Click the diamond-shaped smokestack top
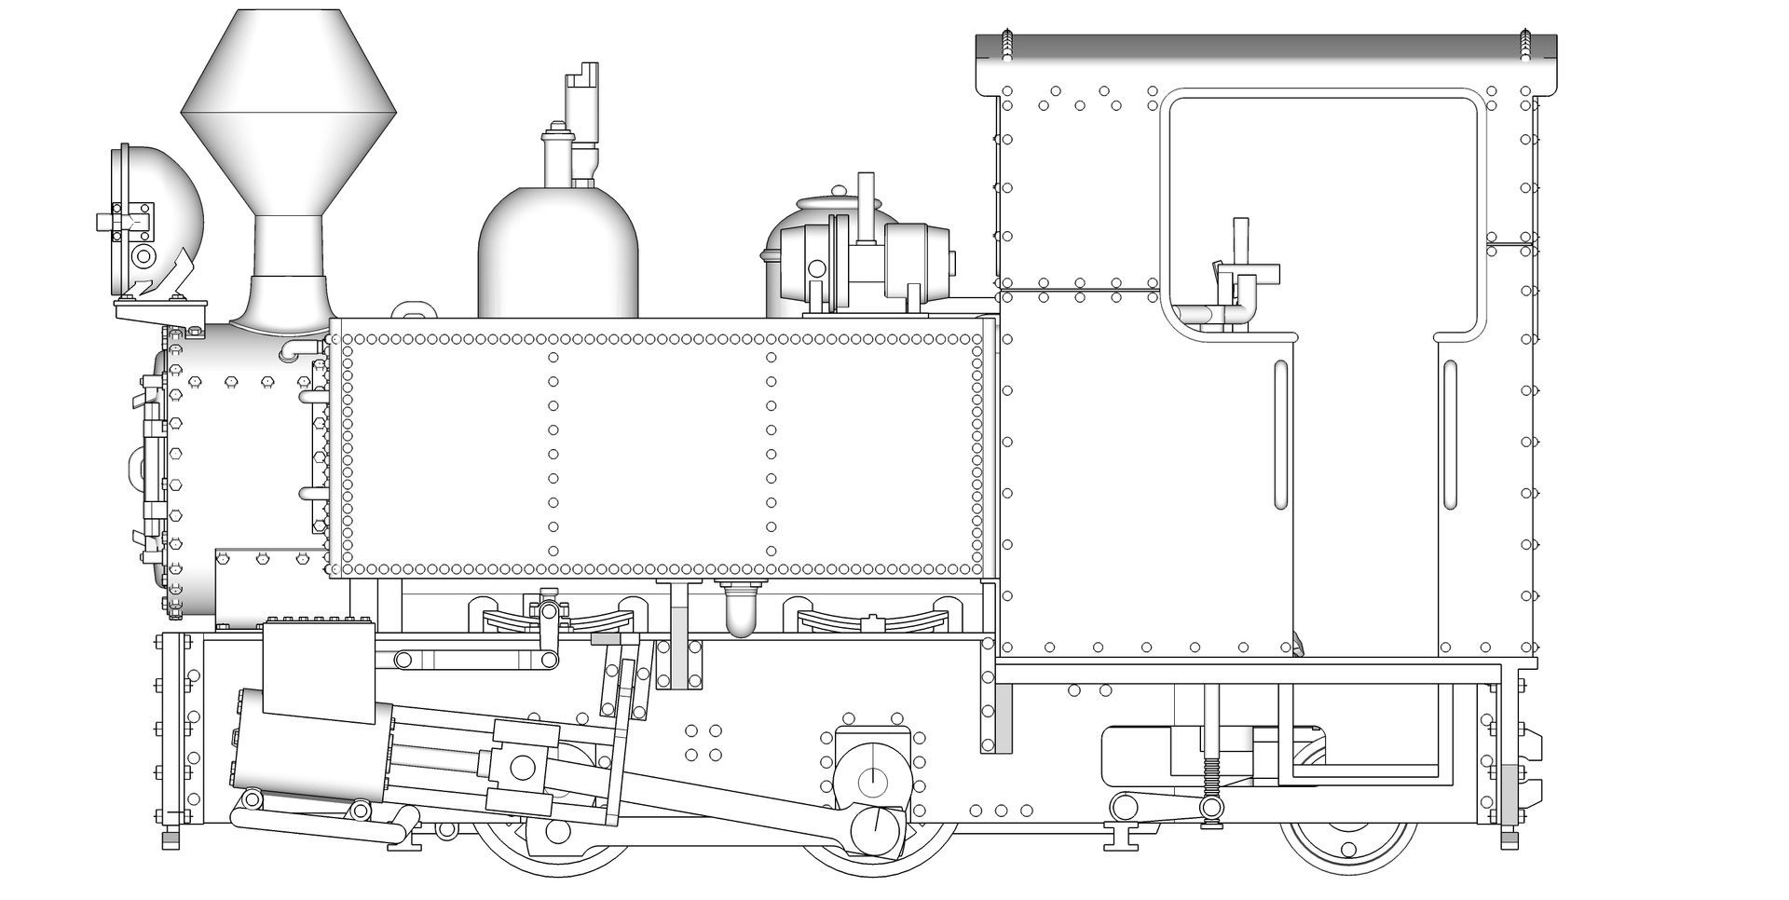tap(289, 112)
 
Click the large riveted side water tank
tap(662, 447)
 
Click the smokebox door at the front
tap(149, 466)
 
